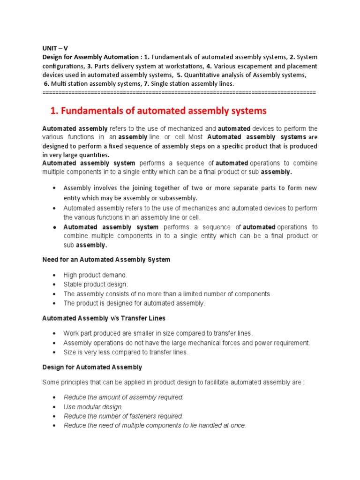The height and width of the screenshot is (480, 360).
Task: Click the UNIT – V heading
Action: click(x=55, y=48)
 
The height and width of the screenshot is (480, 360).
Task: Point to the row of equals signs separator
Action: click(x=179, y=92)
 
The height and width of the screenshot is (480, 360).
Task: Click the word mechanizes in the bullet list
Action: click(x=195, y=208)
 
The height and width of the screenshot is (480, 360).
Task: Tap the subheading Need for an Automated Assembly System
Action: click(x=106, y=259)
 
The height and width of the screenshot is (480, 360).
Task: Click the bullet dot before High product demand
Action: click(x=55, y=275)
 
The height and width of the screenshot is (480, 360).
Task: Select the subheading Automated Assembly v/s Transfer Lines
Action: click(x=104, y=318)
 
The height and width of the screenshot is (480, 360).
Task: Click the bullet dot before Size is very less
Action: click(x=55, y=352)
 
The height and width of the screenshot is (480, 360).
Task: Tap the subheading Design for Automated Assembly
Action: click(x=92, y=367)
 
